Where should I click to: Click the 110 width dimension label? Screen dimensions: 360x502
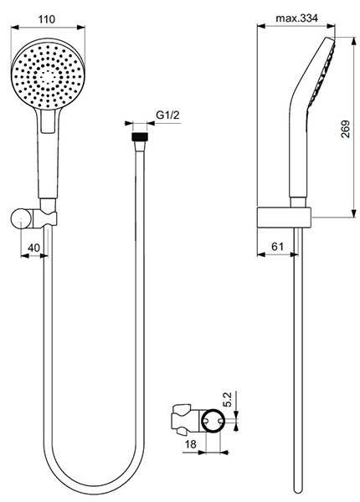pyautogui.click(x=47, y=19)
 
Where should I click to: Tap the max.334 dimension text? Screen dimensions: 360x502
pyautogui.click(x=296, y=18)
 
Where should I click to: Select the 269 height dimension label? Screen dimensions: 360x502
pyautogui.click(x=345, y=129)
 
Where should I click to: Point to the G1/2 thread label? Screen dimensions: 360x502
pyautogui.click(x=167, y=115)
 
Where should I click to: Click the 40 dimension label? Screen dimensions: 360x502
pyautogui.click(x=33, y=248)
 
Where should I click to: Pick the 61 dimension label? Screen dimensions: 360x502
pyautogui.click(x=277, y=246)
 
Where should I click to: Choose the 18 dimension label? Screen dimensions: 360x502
pyautogui.click(x=191, y=444)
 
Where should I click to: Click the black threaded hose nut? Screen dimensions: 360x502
pyautogui.click(x=140, y=136)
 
